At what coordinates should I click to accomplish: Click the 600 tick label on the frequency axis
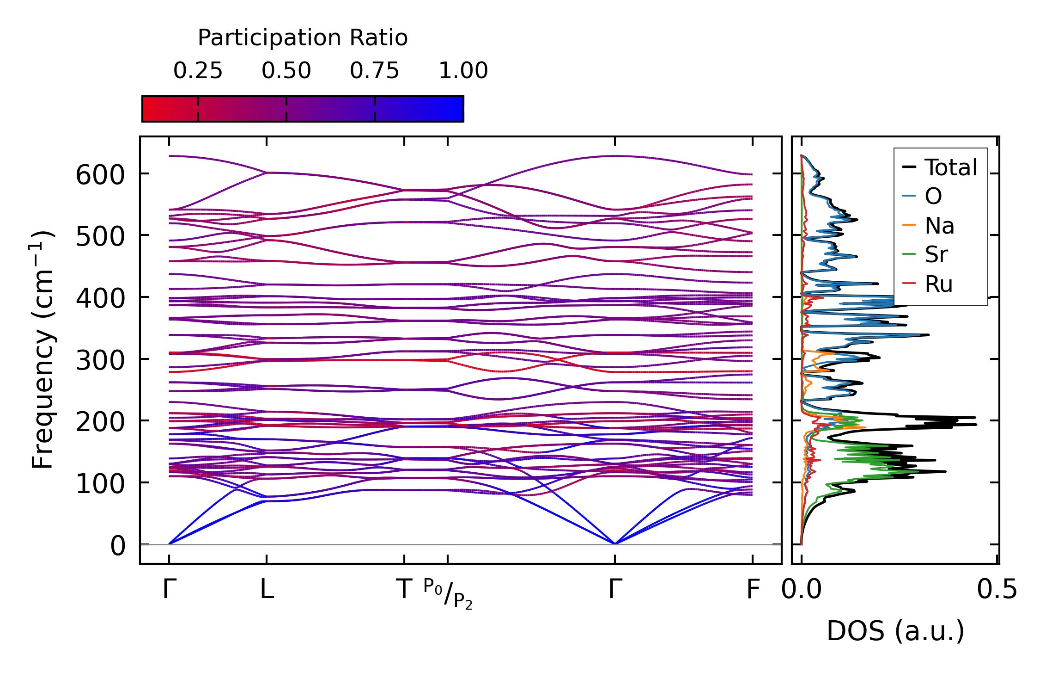(100, 176)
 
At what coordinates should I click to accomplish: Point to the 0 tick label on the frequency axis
(117, 546)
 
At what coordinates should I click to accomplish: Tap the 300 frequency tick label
(100, 361)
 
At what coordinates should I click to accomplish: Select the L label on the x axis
(267, 590)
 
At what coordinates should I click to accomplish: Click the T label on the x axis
(404, 590)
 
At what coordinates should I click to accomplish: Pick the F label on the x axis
(753, 590)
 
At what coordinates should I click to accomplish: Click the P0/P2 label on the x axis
(448, 594)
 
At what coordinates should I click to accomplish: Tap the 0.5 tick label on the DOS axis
(997, 590)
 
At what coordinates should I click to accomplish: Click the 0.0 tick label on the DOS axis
(802, 590)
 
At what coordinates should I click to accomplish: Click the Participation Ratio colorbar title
(303, 38)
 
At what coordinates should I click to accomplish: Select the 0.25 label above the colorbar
(198, 71)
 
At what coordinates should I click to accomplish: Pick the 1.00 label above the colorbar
(463, 71)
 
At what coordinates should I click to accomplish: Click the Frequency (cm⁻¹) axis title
(43, 349)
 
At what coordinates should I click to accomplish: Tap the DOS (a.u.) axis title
(895, 631)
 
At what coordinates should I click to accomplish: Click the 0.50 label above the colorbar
(286, 71)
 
